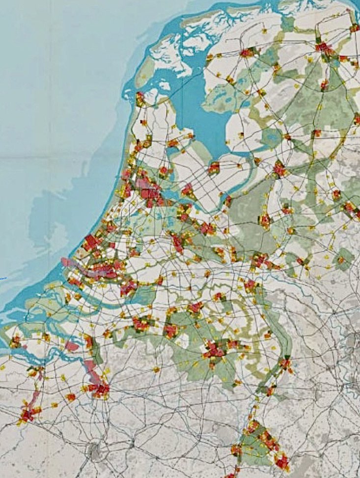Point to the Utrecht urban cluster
[x=177, y=242]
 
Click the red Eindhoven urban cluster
[x=214, y=349]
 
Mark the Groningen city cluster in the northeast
[x=324, y=48]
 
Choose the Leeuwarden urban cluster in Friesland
[x=248, y=52]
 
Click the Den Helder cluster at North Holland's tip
[x=140, y=98]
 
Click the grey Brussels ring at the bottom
[x=93, y=449]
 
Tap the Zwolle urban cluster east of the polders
[x=279, y=169]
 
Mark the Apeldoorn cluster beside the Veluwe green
[x=265, y=220]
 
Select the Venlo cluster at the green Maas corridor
[x=285, y=364]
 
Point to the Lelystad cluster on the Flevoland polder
[x=214, y=168]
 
